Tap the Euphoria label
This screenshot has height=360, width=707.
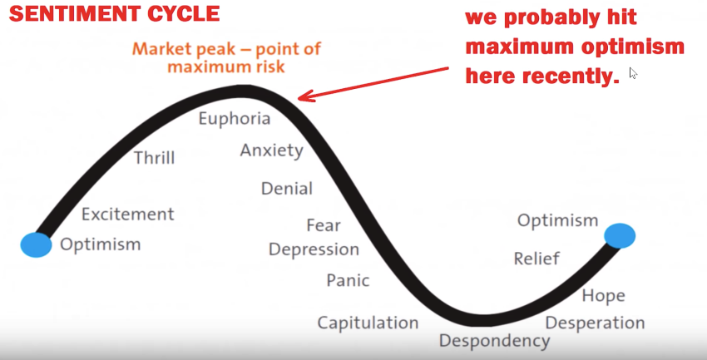pyautogui.click(x=234, y=118)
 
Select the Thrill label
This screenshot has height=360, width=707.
pyautogui.click(x=155, y=157)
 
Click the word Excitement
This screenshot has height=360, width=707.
pyautogui.click(x=128, y=215)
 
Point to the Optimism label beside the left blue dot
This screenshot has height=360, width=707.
pyautogui.click(x=101, y=244)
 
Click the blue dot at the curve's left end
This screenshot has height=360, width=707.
pyautogui.click(x=36, y=244)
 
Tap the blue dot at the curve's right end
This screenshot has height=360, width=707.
pyautogui.click(x=620, y=235)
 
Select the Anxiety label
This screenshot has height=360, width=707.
pyautogui.click(x=271, y=150)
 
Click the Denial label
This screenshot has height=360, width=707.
pyautogui.click(x=287, y=189)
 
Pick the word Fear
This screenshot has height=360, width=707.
pyautogui.click(x=324, y=225)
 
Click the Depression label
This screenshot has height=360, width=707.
pyautogui.click(x=314, y=249)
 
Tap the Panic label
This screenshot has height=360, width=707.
pyautogui.click(x=348, y=280)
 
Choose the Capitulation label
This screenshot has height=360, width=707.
pyautogui.click(x=368, y=323)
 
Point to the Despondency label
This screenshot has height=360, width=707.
pyautogui.click(x=494, y=340)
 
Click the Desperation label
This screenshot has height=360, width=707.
pyautogui.click(x=595, y=323)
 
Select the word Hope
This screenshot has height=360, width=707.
pyautogui.click(x=603, y=295)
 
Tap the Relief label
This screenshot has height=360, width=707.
pyautogui.click(x=536, y=259)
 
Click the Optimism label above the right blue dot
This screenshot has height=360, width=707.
pyautogui.click(x=557, y=220)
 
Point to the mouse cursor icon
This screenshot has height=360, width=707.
pyautogui.click(x=633, y=73)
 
